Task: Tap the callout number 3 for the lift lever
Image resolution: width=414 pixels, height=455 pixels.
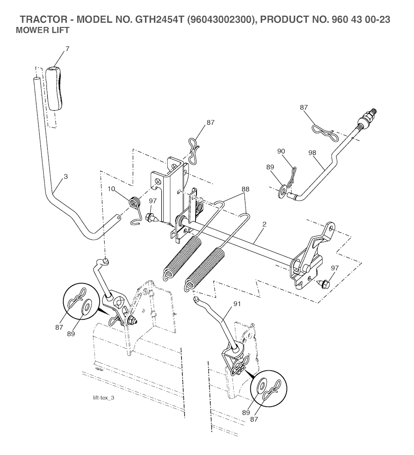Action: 65,176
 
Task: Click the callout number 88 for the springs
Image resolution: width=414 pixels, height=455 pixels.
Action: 245,189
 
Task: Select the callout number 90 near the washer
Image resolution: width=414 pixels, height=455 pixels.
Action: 281,151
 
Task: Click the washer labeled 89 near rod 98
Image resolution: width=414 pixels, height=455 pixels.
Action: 283,189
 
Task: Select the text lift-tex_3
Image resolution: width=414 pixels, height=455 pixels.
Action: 103,398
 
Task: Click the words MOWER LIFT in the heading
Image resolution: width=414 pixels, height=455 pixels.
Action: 42,30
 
